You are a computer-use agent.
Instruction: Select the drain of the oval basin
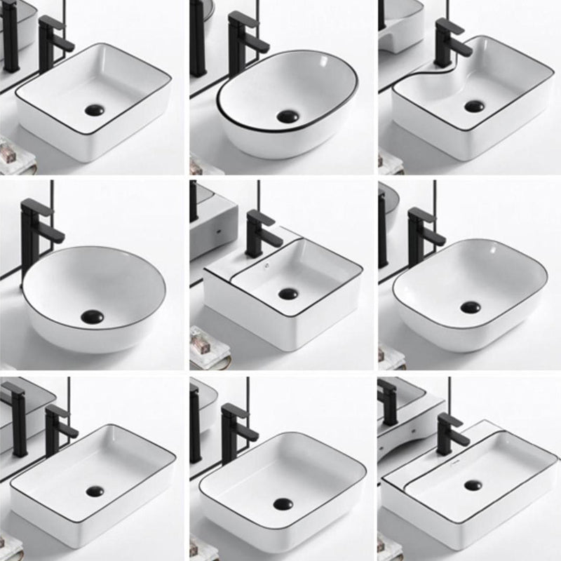tap(286, 117)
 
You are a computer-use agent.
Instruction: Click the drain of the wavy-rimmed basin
tap(474, 107)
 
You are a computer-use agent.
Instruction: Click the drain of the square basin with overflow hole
tap(286, 294)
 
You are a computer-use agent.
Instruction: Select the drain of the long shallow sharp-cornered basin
tap(95, 492)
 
